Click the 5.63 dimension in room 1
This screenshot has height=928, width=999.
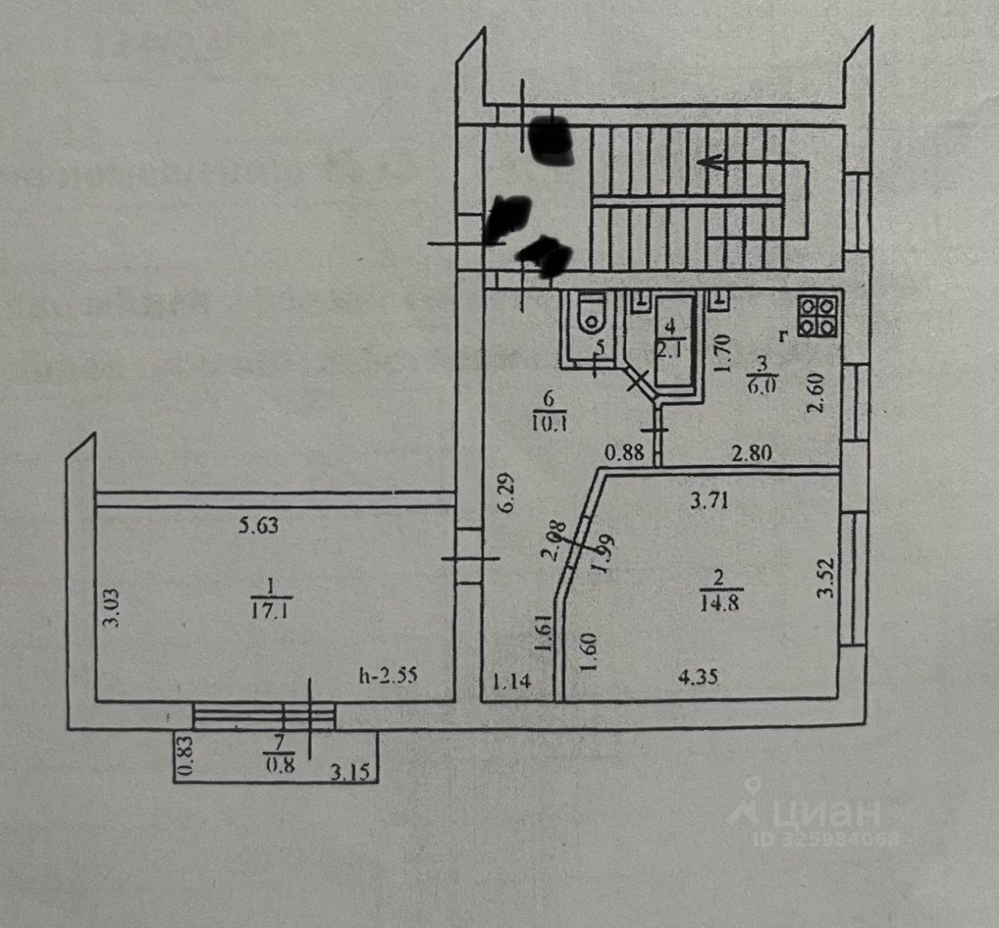258,526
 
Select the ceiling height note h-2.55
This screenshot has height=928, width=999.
388,675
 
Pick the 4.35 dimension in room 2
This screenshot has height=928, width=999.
698,677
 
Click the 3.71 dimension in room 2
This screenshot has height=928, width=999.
709,501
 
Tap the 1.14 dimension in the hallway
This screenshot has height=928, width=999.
513,682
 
